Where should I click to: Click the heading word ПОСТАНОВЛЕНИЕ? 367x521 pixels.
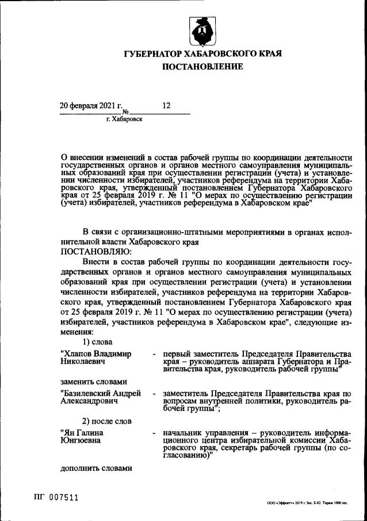point(202,67)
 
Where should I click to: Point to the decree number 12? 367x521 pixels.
point(167,105)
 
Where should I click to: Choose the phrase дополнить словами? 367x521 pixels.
point(97,468)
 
